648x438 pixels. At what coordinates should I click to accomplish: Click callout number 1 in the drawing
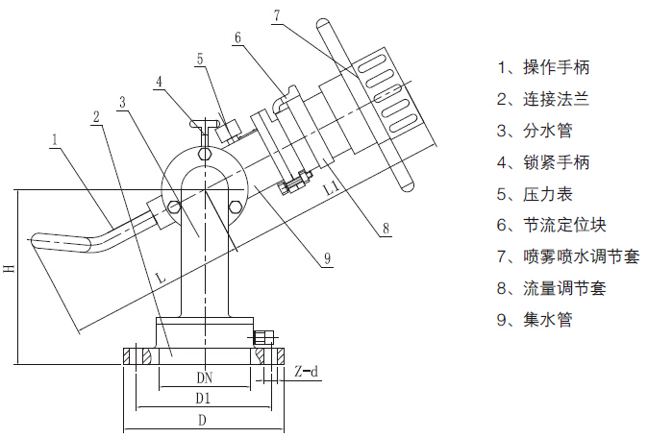56,138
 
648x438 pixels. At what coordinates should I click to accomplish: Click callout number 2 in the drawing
96,116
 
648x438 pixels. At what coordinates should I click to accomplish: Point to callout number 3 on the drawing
123,101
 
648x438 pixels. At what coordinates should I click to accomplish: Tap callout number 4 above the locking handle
159,81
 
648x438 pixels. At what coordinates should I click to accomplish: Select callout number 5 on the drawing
200,59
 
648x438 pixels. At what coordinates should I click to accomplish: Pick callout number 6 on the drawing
237,37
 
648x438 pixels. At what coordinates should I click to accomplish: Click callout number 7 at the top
277,15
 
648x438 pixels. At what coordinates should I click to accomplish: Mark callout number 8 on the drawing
384,228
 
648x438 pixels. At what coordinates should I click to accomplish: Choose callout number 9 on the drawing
326,257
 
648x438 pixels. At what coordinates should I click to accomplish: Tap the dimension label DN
204,377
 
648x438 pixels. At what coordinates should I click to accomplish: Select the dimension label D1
204,397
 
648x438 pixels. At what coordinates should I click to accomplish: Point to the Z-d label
307,370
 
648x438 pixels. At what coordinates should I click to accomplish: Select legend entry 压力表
536,193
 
